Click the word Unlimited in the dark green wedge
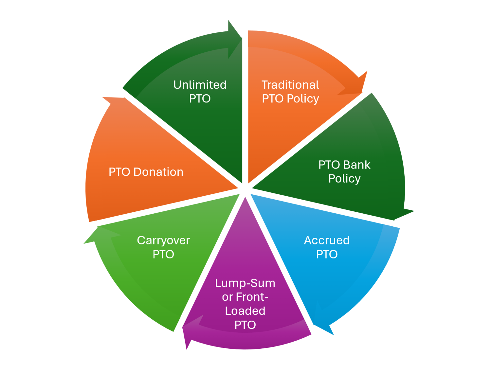coord(200,85)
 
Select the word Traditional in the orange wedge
coord(290,85)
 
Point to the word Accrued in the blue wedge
coord(327,240)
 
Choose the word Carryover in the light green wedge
coord(163,240)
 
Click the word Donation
coord(158,172)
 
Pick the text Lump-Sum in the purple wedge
coord(245,283)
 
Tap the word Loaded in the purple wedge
coord(245,311)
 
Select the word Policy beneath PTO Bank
coord(344,179)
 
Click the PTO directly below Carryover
coord(163,254)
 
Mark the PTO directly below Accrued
coord(327,254)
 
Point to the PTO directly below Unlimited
coord(200,98)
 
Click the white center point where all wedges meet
coord(245,189)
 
